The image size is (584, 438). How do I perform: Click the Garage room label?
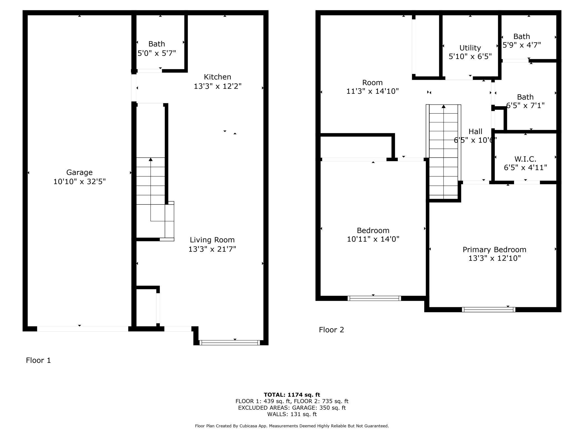pyautogui.click(x=79, y=172)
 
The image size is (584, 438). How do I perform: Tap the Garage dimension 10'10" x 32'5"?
pyautogui.click(x=79, y=182)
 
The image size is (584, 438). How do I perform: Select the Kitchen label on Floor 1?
pyautogui.click(x=217, y=77)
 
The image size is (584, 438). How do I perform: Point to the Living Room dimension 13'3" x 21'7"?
pyautogui.click(x=212, y=249)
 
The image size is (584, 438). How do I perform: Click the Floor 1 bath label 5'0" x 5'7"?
pyautogui.click(x=157, y=53)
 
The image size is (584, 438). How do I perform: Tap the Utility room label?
pyautogui.click(x=470, y=48)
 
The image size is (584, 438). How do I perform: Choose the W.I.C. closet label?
pyautogui.click(x=525, y=159)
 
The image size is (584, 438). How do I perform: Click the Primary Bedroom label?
pyautogui.click(x=494, y=250)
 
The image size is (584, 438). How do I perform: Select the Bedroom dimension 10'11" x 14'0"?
pyautogui.click(x=373, y=239)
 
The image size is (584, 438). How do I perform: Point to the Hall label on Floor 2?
pyautogui.click(x=475, y=131)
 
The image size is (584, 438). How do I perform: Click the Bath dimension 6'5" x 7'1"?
pyautogui.click(x=525, y=106)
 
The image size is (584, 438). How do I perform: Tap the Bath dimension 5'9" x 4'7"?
pyautogui.click(x=521, y=45)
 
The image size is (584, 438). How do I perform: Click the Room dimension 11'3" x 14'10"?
pyautogui.click(x=372, y=91)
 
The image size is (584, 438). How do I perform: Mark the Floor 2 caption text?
pyautogui.click(x=331, y=330)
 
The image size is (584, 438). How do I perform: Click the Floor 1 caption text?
pyautogui.click(x=38, y=360)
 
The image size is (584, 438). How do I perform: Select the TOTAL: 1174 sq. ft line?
pyautogui.click(x=292, y=395)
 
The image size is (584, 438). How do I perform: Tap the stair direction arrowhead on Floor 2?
pyautogui.click(x=443, y=106)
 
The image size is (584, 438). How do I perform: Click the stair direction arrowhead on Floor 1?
pyautogui.click(x=150, y=159)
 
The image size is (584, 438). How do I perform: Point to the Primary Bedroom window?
pyautogui.click(x=488, y=309)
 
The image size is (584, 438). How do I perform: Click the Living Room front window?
pyautogui.click(x=229, y=342)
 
